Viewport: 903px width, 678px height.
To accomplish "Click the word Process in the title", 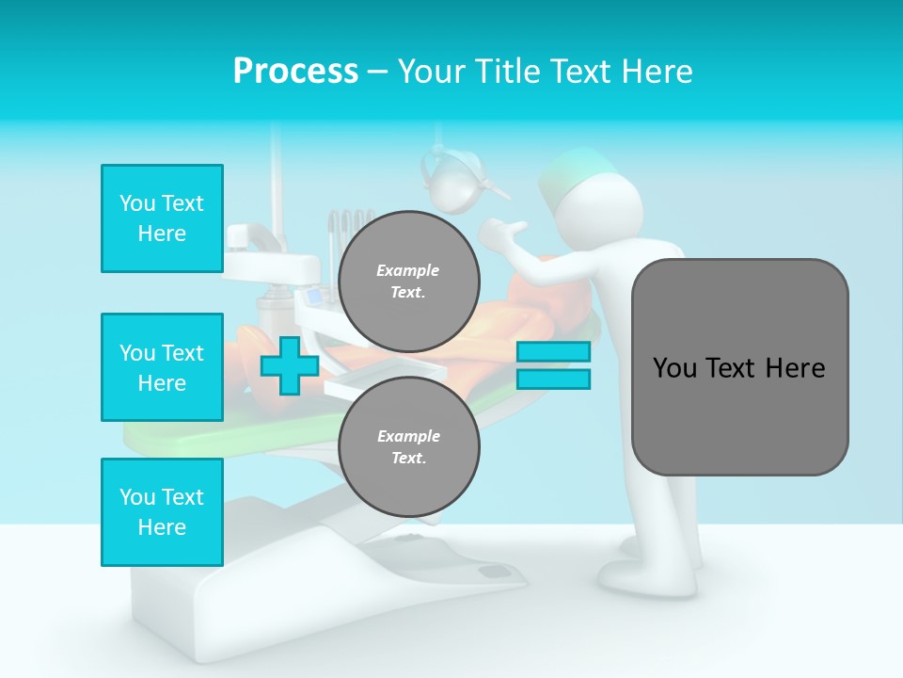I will [295, 72].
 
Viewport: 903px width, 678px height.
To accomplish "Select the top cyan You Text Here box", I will [162, 218].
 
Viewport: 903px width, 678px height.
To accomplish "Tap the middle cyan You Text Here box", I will [162, 367].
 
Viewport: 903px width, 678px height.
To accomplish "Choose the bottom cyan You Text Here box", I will [162, 512].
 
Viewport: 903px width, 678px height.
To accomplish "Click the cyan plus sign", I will [289, 365].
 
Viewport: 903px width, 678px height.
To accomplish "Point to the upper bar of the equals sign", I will [553, 351].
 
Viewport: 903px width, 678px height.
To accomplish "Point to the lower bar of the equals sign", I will [553, 379].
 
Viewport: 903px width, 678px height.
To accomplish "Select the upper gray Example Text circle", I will [408, 281].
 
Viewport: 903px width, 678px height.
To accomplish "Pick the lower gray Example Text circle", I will [408, 446].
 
